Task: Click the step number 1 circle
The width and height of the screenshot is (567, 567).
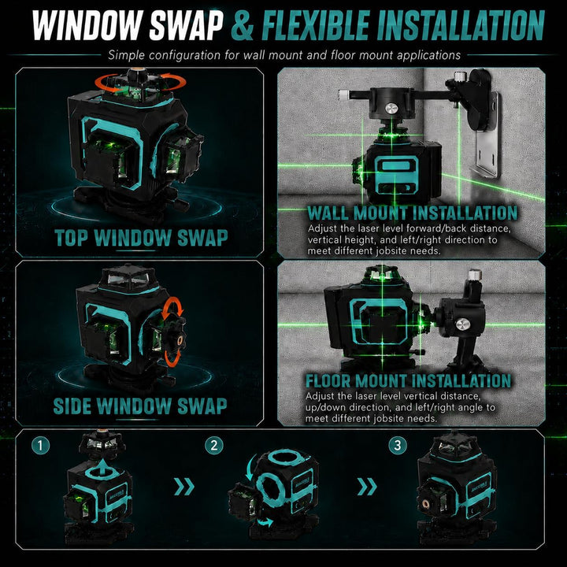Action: pos(40,445)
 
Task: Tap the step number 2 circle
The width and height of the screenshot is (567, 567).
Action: pos(214,445)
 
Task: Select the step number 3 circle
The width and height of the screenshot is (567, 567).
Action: pos(398,445)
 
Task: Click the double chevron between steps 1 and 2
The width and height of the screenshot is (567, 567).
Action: pos(184,487)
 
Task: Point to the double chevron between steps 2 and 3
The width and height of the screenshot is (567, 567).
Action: pos(367,487)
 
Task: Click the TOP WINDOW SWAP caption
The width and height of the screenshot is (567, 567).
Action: pos(142,238)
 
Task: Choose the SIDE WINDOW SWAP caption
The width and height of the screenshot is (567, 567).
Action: pos(140,406)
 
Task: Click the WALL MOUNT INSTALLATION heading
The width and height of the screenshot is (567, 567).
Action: pos(412,213)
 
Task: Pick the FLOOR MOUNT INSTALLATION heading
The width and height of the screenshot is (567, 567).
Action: pos(409,381)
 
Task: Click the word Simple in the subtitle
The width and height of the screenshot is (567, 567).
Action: pos(127,55)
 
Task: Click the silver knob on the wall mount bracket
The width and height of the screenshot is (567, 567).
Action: pos(391,109)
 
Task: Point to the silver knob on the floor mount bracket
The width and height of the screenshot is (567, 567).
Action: pos(463,324)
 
